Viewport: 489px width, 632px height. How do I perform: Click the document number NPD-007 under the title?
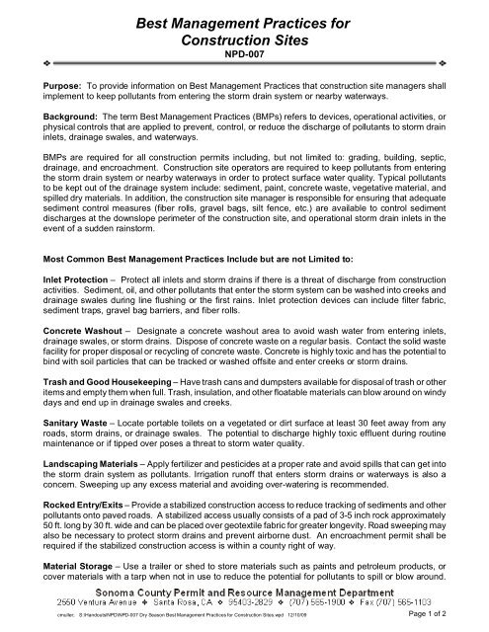[x=244, y=58]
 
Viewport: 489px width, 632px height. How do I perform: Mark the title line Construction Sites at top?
[x=244, y=39]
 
